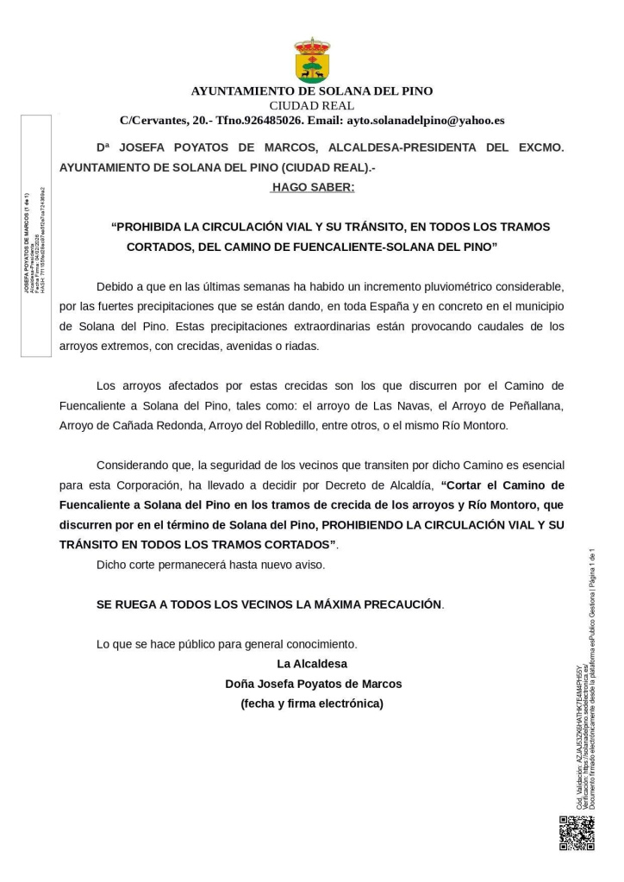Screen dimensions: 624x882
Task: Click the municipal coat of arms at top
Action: point(312,59)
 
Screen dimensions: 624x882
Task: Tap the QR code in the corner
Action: point(577,832)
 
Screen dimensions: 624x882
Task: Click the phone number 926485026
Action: point(271,120)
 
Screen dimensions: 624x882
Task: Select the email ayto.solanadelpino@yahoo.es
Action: point(425,120)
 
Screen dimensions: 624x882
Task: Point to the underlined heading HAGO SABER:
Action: point(312,186)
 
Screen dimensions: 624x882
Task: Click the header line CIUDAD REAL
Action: point(312,105)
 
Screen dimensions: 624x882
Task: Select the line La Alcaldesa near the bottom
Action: point(312,664)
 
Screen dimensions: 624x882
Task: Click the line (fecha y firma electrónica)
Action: point(312,704)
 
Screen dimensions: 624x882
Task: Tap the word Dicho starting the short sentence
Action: point(112,565)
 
